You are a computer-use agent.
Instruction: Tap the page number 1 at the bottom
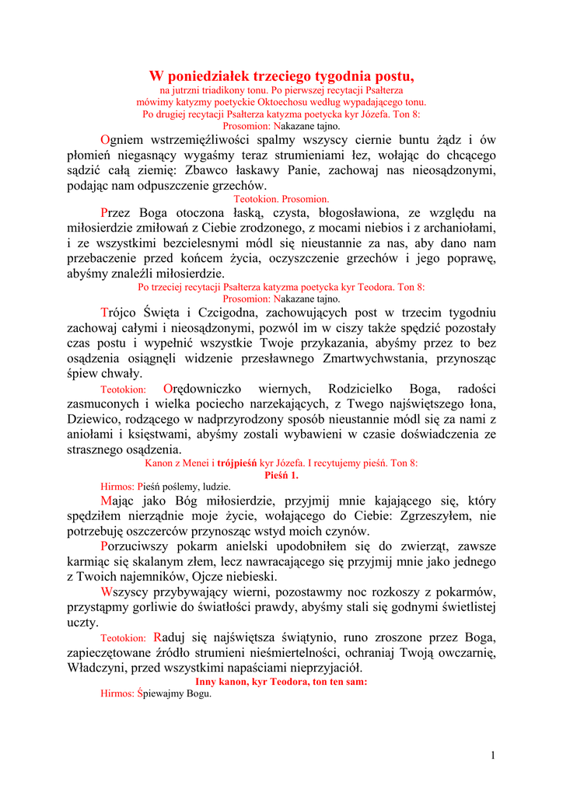tap(493, 755)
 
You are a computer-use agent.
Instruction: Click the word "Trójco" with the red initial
tap(124, 312)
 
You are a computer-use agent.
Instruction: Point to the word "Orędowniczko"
tap(203, 389)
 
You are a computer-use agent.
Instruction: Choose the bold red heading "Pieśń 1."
tap(281, 474)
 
